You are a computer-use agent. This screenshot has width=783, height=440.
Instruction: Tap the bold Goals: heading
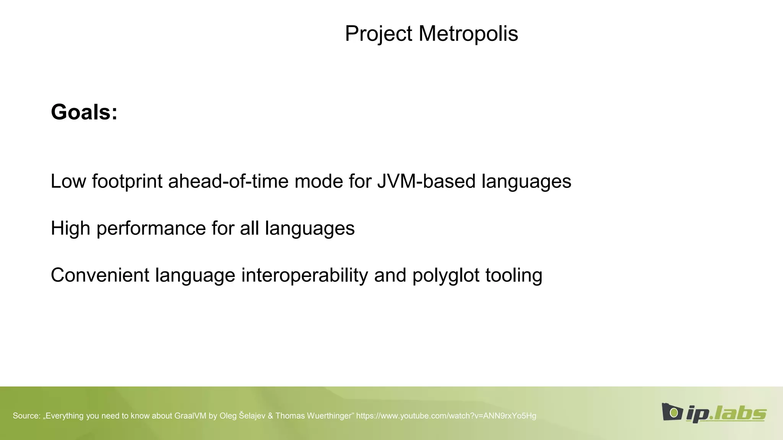[84, 112]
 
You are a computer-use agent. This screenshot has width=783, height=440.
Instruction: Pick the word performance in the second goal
[151, 228]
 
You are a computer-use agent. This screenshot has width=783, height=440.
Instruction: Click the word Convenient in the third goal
[100, 275]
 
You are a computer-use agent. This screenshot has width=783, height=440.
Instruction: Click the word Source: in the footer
[26, 416]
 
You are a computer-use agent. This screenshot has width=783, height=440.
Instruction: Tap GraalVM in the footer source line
[190, 416]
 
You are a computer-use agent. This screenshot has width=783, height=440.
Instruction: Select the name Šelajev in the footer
[252, 416]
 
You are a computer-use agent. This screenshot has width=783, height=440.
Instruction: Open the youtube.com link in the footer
[446, 416]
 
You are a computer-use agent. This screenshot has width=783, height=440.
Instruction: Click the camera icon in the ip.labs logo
[672, 412]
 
